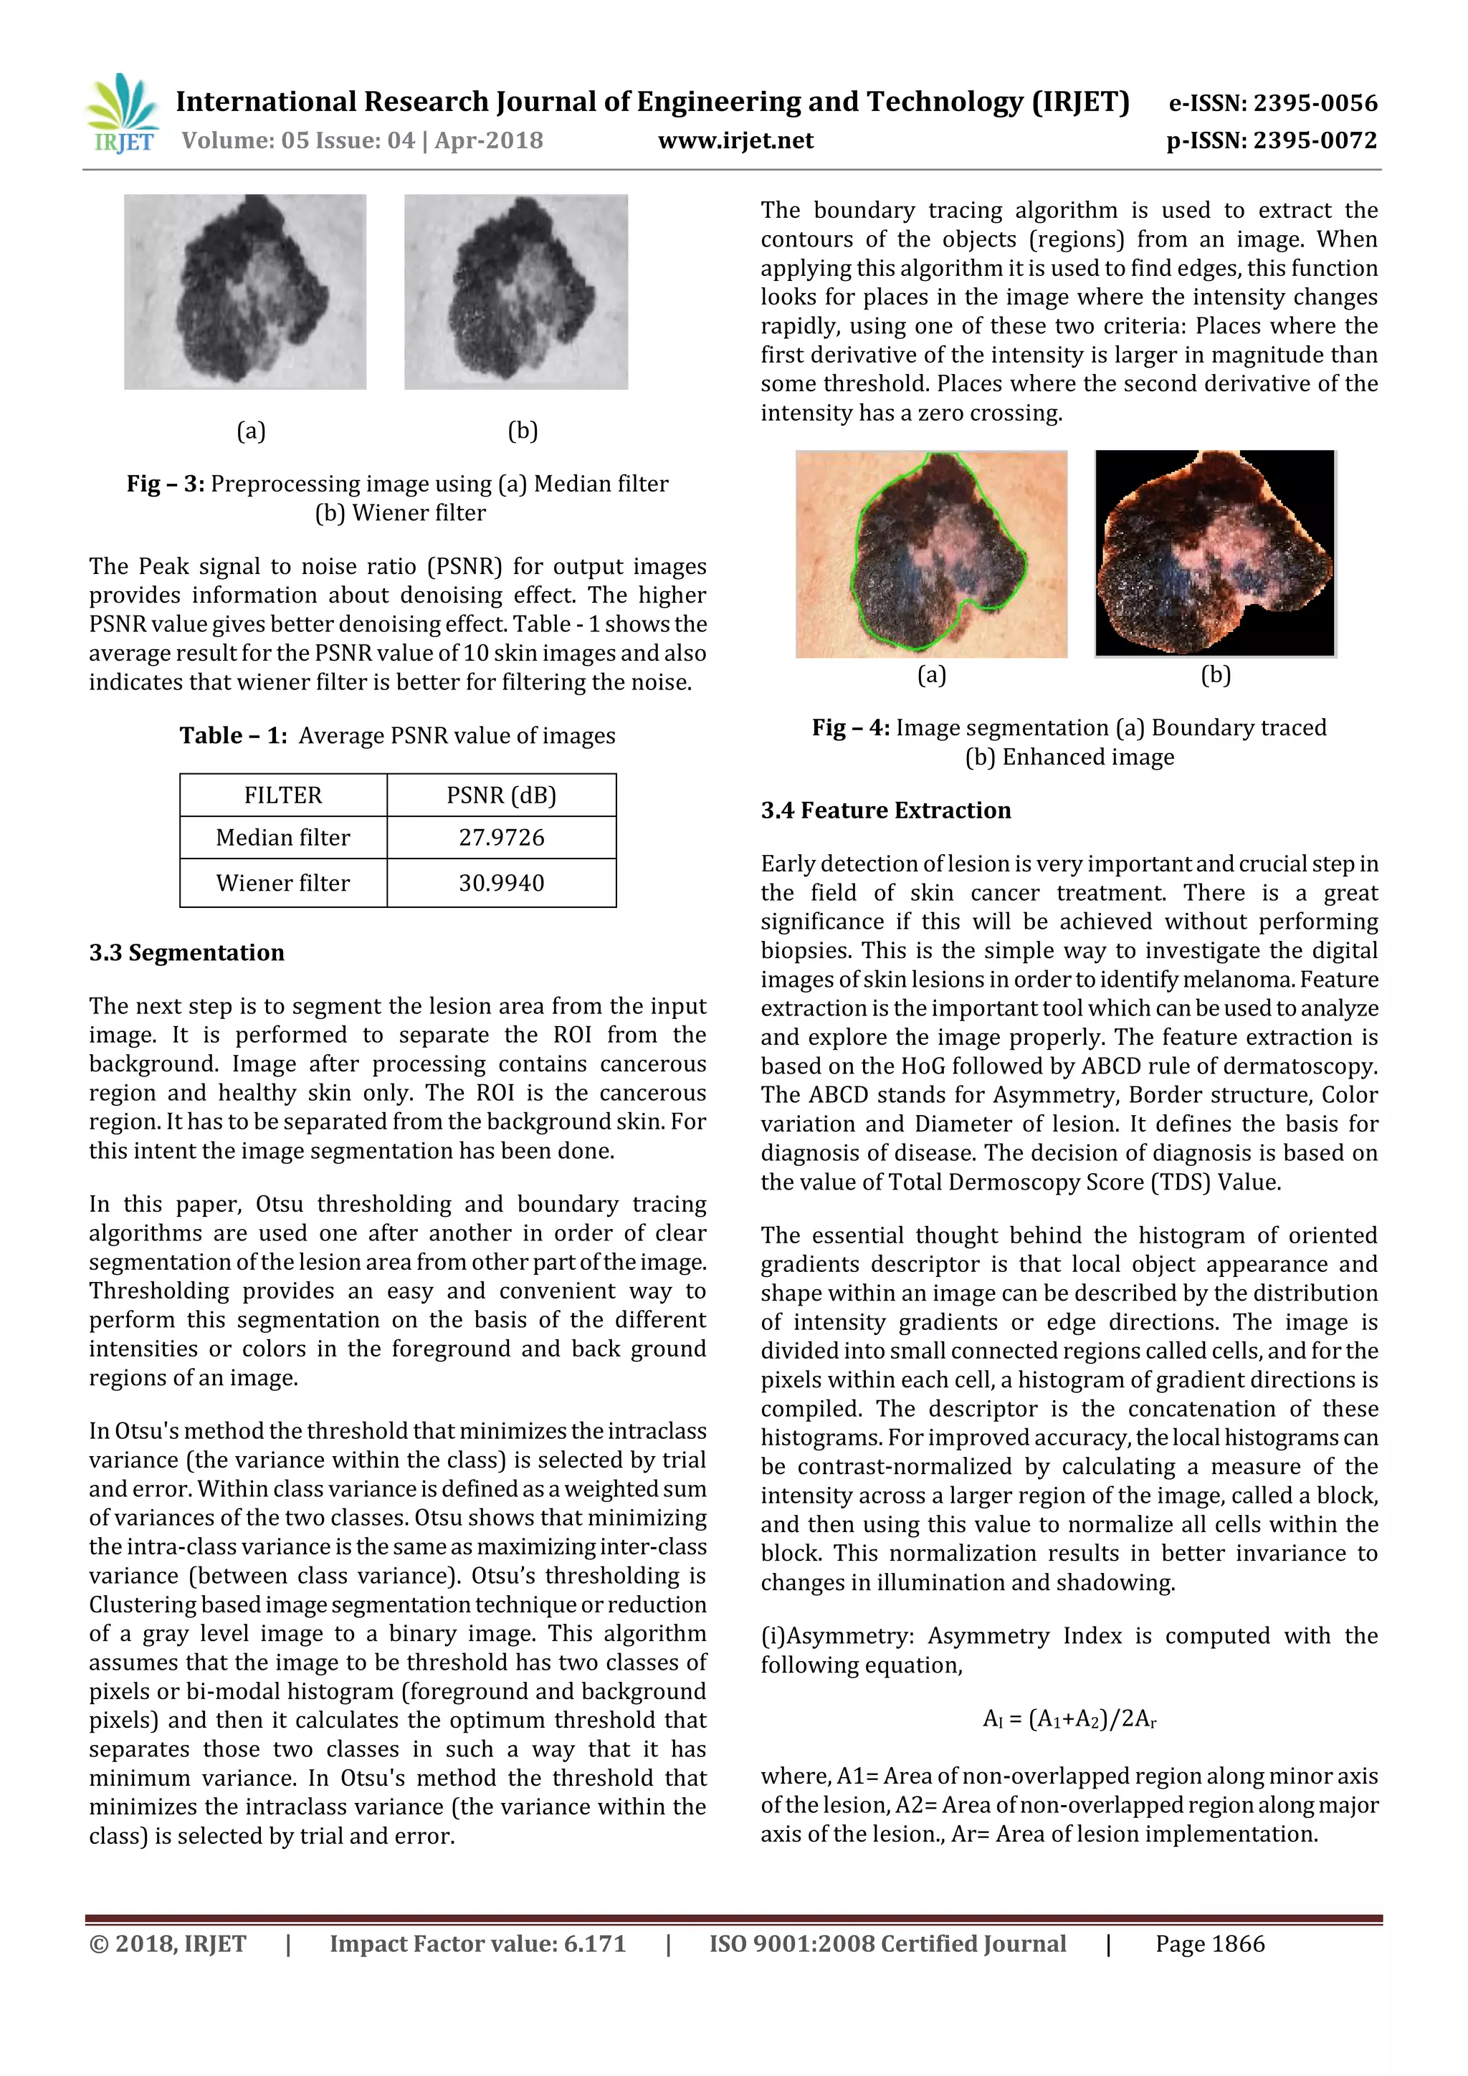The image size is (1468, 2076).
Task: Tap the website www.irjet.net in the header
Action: click(x=735, y=140)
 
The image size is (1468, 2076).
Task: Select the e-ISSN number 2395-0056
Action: click(x=1272, y=103)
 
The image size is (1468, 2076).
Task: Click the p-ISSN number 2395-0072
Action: click(x=1272, y=140)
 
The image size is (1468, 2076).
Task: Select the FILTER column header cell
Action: click(x=283, y=795)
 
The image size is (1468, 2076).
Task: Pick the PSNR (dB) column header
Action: click(x=501, y=795)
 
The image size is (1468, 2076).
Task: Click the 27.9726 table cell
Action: click(x=501, y=837)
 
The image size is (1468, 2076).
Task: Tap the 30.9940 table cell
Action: click(x=501, y=882)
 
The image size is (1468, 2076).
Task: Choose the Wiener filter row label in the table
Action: click(x=283, y=882)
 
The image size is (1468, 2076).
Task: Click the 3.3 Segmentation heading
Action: click(x=186, y=952)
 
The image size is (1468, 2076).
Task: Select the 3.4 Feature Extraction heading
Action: click(x=885, y=810)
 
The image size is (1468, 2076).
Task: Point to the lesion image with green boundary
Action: click(x=930, y=553)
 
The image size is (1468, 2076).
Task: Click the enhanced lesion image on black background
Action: click(x=1215, y=553)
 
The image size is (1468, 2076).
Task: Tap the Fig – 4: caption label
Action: click(x=850, y=728)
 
